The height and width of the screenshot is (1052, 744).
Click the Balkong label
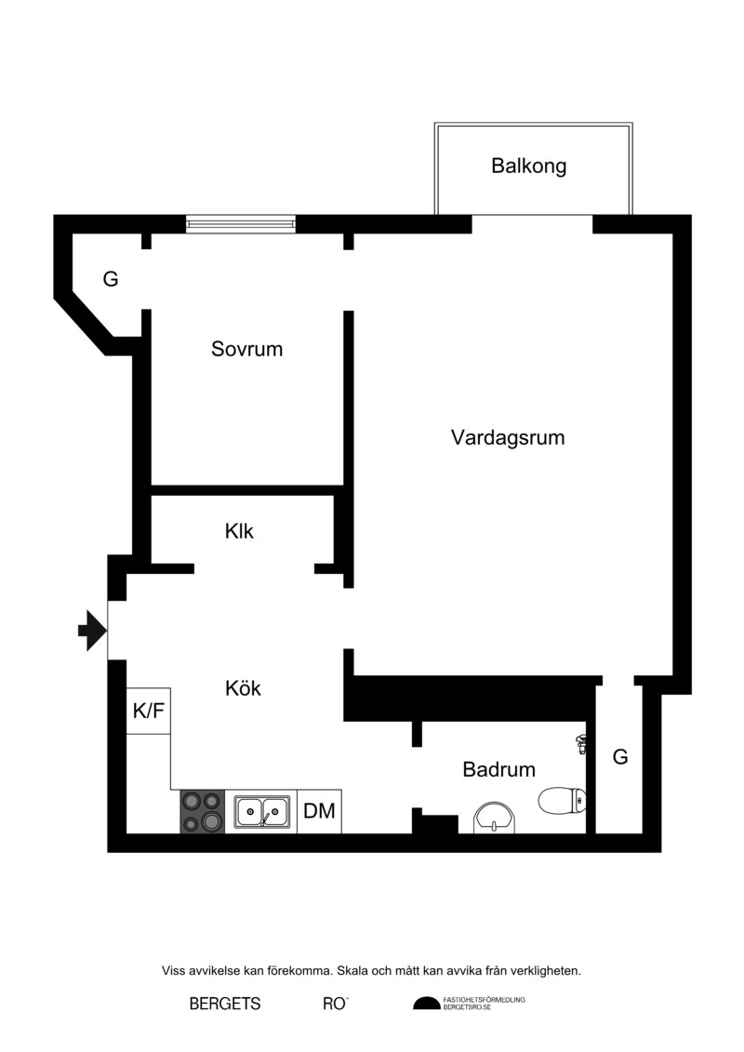528,166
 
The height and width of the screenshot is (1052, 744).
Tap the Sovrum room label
246,349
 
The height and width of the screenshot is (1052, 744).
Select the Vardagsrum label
508,437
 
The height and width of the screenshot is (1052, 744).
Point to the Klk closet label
240,531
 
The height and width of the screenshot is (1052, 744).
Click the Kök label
243,687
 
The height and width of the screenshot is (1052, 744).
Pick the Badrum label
499,769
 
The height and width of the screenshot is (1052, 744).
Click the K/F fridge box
148,711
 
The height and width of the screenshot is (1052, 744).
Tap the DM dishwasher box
319,811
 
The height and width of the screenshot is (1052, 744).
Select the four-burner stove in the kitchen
203,811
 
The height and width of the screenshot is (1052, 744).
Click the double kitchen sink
261,812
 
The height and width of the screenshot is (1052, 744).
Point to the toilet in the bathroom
563,800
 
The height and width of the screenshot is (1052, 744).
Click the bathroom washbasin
496,818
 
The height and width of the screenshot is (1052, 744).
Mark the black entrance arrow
93,631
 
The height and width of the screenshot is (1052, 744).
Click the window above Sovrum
241,223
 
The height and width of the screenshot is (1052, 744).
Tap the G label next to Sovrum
111,279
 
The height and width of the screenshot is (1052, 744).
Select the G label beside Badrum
620,757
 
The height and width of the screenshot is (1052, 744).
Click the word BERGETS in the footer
225,1004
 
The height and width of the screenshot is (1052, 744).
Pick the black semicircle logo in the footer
427,1003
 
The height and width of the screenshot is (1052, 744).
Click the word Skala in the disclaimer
352,970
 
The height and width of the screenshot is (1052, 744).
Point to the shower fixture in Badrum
581,743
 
